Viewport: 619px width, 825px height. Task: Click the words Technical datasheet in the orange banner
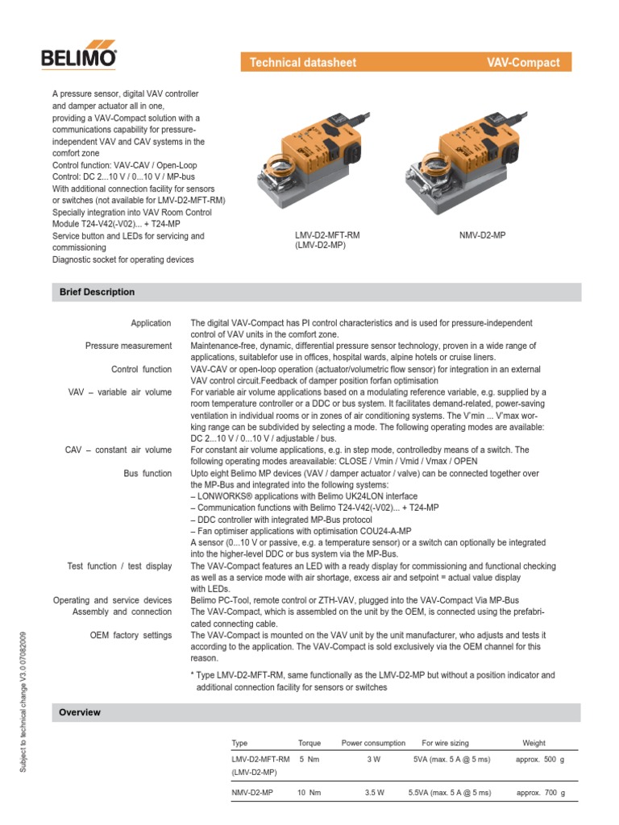[x=302, y=62]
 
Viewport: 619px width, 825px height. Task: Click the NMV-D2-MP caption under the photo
[x=482, y=235]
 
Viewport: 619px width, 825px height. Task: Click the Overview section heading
[x=81, y=712]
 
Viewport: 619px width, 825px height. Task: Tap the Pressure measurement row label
[x=128, y=346]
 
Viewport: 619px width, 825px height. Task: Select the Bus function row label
[x=147, y=474]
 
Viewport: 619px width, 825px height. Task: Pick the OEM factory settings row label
[x=131, y=635]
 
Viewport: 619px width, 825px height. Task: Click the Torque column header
[x=309, y=743]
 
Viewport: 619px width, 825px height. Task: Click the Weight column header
[x=534, y=743]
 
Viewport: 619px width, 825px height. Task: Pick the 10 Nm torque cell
[x=309, y=793]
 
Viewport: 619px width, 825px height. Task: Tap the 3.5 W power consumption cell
[x=375, y=793]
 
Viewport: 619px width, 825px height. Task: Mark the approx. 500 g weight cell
[x=540, y=759]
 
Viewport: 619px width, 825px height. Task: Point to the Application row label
[x=151, y=323]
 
